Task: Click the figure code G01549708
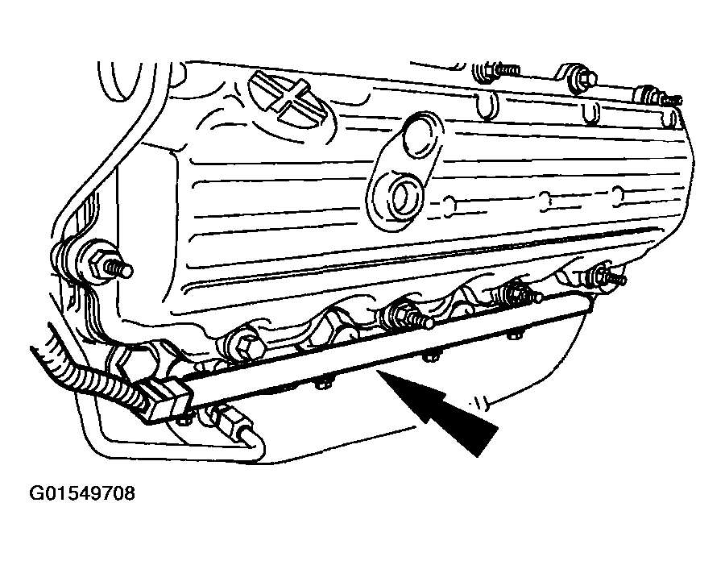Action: tap(82, 493)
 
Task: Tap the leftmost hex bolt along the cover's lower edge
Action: tap(245, 343)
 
